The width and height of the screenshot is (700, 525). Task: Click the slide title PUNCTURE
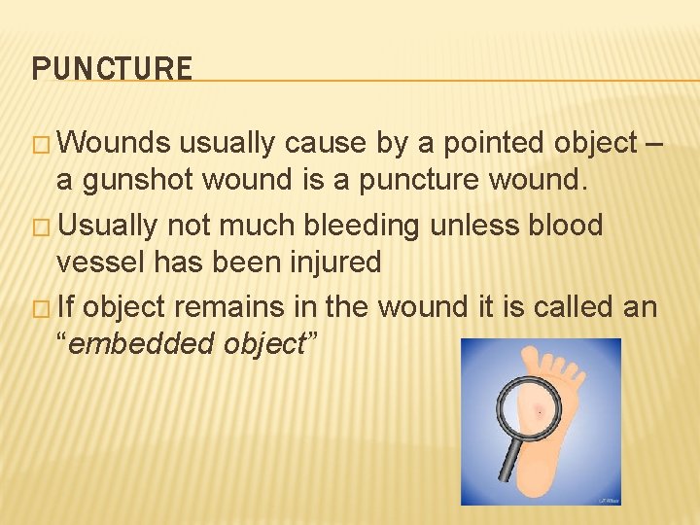click(112, 69)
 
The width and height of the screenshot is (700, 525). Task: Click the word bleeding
click(362, 226)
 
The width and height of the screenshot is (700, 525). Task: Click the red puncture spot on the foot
click(538, 412)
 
